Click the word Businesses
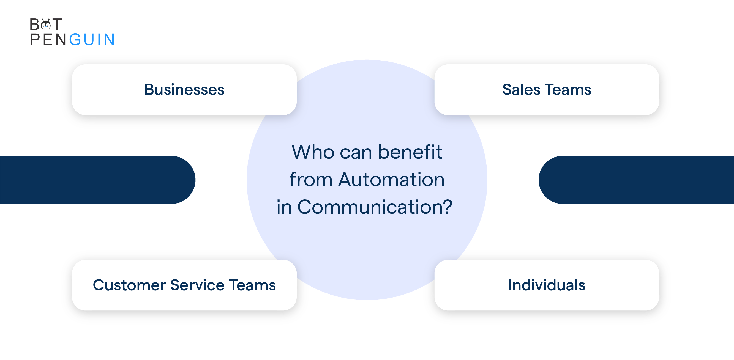pyautogui.click(x=184, y=89)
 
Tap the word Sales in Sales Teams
pyautogui.click(x=521, y=89)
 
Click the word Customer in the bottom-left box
pyautogui.click(x=129, y=285)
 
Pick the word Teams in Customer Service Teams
pyautogui.click(x=252, y=285)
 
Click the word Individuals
pyautogui.click(x=547, y=285)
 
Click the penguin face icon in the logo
pyautogui.click(x=46, y=24)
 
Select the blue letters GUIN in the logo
pyautogui.click(x=92, y=39)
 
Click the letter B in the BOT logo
pyautogui.click(x=35, y=24)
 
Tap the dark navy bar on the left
pyautogui.click(x=97, y=180)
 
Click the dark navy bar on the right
pyautogui.click(x=636, y=180)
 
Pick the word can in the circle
pyautogui.click(x=356, y=153)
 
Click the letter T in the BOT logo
pyautogui.click(x=57, y=24)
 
